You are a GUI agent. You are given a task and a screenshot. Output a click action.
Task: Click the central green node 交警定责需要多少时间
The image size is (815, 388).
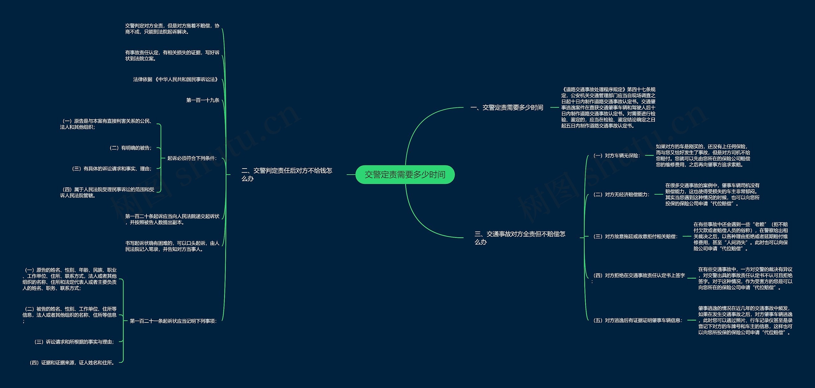(x=405, y=175)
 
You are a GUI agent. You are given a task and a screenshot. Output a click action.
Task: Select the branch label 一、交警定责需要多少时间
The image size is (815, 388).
(x=507, y=107)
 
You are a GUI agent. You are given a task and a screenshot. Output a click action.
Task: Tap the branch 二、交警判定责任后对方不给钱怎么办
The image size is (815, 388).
(x=287, y=174)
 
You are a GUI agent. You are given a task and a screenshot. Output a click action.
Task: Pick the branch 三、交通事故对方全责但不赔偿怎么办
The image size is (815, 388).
(x=520, y=238)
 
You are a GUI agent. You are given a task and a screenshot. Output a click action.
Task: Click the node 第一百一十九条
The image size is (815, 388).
(x=203, y=100)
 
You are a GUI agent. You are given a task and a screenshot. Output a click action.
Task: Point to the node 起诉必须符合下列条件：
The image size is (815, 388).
(x=192, y=158)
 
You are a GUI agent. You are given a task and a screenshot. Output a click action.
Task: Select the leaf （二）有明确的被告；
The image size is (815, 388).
(x=131, y=148)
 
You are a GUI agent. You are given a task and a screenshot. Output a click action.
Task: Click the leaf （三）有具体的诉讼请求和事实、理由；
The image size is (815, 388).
(x=112, y=169)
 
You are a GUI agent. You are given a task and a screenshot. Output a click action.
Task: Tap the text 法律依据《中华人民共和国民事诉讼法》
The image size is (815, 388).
(x=176, y=79)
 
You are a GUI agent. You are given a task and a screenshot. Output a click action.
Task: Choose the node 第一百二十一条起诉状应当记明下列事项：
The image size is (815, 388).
(x=173, y=321)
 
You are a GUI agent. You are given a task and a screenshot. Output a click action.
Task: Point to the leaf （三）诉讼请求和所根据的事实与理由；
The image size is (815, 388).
(x=74, y=342)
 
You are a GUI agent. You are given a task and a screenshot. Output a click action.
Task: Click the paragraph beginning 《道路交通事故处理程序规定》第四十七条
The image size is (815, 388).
(x=608, y=107)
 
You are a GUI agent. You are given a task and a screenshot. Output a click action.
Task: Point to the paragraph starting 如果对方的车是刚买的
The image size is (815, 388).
(x=703, y=156)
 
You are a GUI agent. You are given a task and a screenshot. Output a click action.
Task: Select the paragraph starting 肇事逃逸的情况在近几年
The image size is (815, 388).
(x=745, y=320)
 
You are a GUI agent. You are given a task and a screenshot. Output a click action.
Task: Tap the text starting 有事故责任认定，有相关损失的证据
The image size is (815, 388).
(x=172, y=55)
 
